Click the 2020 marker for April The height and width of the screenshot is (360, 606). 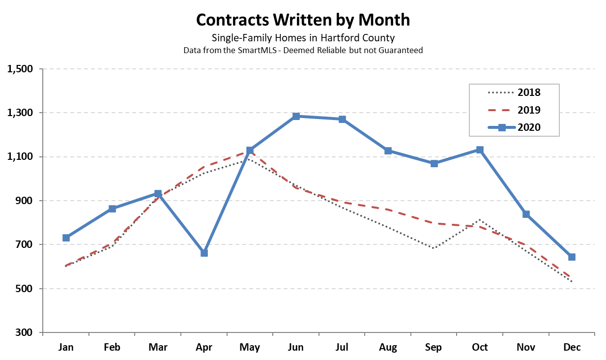coord(204,253)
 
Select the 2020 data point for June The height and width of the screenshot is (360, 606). coord(296,116)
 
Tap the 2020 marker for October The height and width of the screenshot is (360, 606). coord(480,150)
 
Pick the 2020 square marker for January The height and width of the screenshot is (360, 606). coord(66,238)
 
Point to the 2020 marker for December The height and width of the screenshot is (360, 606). coord(572,257)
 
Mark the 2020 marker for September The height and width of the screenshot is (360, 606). coord(434,163)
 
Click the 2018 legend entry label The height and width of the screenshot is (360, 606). coord(529,92)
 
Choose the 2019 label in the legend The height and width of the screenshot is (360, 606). coord(529,110)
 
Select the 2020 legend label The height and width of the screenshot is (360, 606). coord(529,127)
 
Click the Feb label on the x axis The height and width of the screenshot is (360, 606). coord(112,347)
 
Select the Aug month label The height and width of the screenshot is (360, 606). coord(388,347)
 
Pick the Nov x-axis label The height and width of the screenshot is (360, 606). coord(526,347)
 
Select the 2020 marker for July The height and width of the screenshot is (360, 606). coord(342,119)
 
